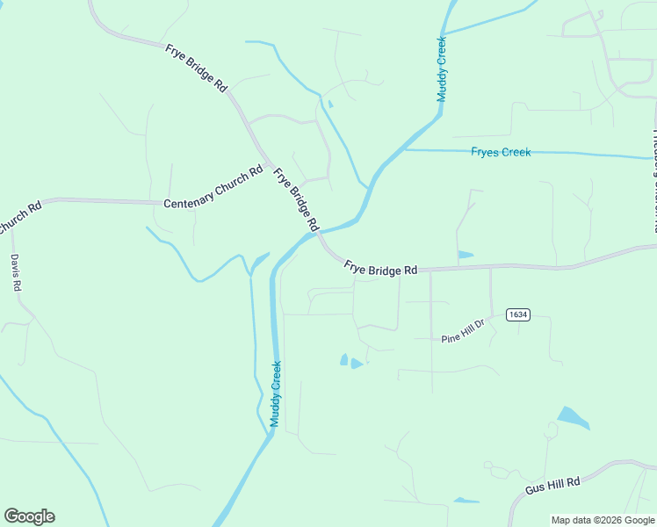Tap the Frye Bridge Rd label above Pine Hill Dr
point(380,267)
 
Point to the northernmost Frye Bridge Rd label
point(196,67)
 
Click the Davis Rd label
point(15,273)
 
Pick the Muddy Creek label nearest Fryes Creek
point(443,69)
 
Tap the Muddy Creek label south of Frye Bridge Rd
point(276,394)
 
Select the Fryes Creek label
point(501,152)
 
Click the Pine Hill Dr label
point(463,331)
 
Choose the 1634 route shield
point(517,314)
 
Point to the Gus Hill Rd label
point(552,484)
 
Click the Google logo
point(29,516)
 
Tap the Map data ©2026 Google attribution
point(603,520)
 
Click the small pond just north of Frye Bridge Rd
point(465,255)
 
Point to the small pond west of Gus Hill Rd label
point(466,501)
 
